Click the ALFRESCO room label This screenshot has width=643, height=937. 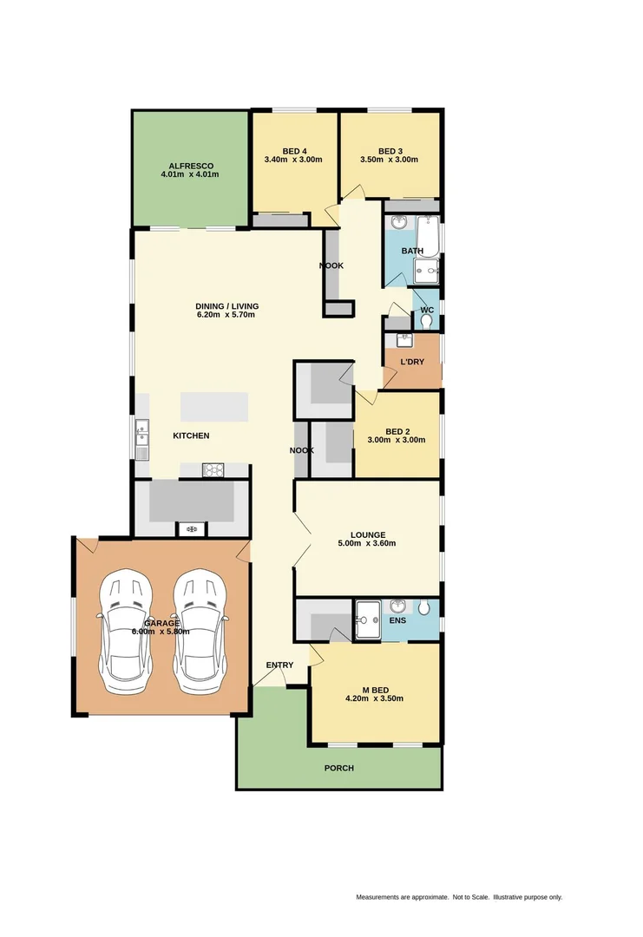coord(190,165)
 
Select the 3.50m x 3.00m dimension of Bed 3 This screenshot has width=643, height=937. coord(389,160)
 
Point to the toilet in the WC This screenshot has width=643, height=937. coord(425,320)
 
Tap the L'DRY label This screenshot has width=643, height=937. coord(412,362)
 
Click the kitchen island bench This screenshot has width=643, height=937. coord(213,407)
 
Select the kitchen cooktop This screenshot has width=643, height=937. coord(214,470)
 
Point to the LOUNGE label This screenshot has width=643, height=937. coord(368,534)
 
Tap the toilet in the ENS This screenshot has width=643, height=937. coord(423,608)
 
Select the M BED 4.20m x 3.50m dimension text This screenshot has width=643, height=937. coord(374,698)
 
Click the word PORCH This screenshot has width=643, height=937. coord(338,768)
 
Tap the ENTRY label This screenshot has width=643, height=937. coord(279,665)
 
